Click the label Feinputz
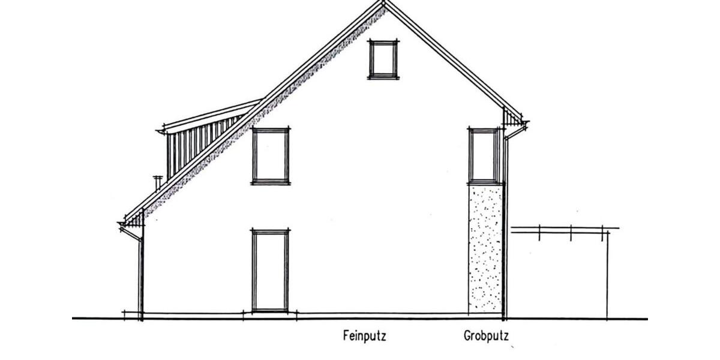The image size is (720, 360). point(364,336)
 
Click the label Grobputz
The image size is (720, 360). point(485,336)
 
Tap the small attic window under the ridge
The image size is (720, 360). point(383,59)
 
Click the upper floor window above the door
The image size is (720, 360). point(271,155)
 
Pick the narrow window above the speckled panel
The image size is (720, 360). point(484,155)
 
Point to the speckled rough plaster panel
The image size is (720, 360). point(485,247)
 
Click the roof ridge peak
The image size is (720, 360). point(383,3)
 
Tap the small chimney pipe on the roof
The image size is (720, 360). point(158,182)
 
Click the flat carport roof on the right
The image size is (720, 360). point(564,229)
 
